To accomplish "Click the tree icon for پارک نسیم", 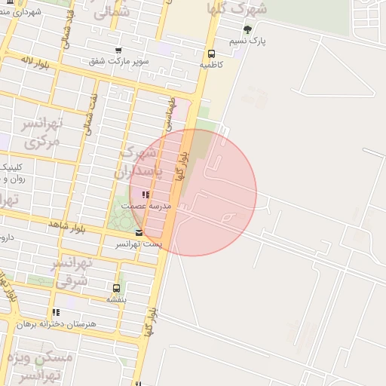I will point(247,29).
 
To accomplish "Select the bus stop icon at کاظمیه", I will point(211,54).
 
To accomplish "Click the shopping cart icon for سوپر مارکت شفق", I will point(118,50).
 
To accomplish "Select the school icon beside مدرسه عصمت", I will point(146,195).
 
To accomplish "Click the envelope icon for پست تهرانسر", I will point(138,233).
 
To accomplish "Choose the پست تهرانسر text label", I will point(137,244).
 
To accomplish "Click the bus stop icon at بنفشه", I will point(116,288).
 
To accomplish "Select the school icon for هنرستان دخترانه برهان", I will point(56,312).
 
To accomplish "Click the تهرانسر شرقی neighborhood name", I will point(72,271).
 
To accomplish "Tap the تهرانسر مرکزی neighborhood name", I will point(41,133).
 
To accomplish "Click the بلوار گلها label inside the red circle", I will point(181,166).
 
